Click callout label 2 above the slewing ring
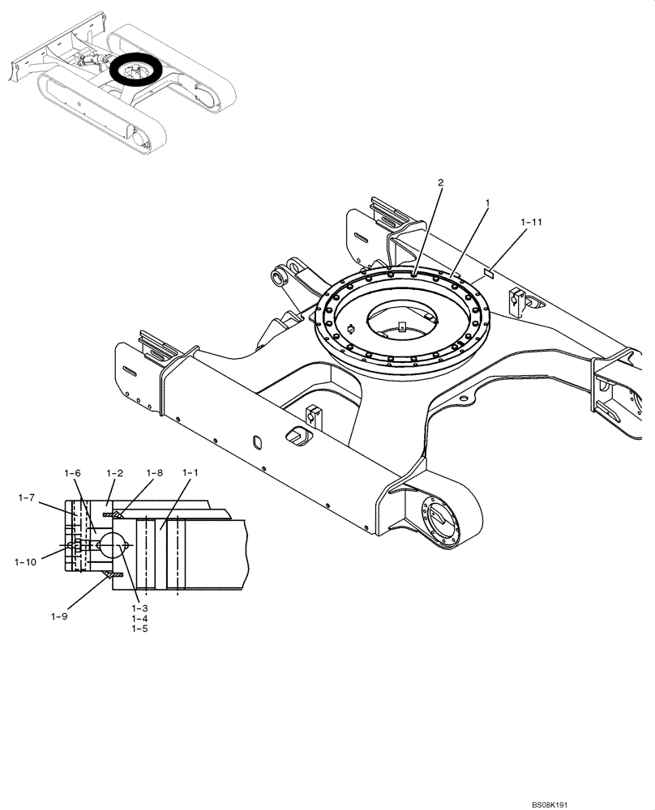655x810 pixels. [440, 183]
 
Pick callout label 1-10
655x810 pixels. [25, 560]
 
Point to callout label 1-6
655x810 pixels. [73, 472]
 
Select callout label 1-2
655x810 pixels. [113, 472]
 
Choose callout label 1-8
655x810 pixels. [154, 472]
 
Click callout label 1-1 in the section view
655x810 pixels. [191, 472]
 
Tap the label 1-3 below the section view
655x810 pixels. [139, 607]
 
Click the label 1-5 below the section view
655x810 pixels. [139, 628]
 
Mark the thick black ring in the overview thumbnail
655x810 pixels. [135, 70]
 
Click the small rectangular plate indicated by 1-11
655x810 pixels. [488, 273]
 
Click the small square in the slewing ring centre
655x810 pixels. [402, 327]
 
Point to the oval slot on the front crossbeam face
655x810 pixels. [257, 441]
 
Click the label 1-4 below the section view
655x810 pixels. [139, 617]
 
